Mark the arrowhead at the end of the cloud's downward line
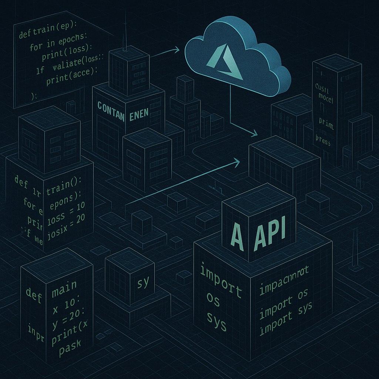(x=255, y=133)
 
